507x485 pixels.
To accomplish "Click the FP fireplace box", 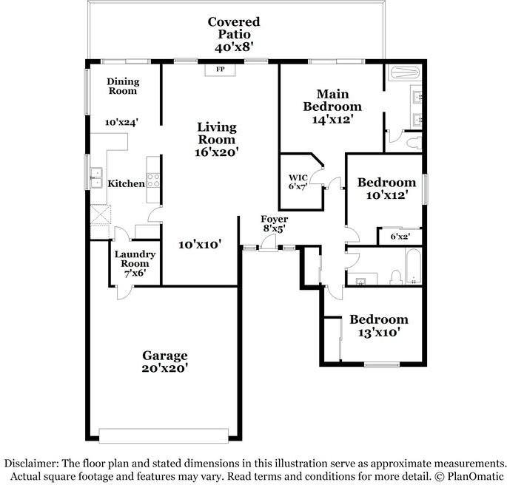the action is click(221, 69).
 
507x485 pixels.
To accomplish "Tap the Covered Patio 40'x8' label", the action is click(234, 34).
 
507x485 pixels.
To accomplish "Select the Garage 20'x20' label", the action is click(165, 362).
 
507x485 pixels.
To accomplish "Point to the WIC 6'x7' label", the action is click(298, 182).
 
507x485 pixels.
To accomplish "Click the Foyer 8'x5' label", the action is click(274, 223).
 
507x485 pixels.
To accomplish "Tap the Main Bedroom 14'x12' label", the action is click(332, 106).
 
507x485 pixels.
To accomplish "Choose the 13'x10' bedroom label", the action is click(379, 325).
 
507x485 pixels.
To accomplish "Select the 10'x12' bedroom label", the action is click(386, 189).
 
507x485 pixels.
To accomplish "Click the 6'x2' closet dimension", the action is click(400, 237).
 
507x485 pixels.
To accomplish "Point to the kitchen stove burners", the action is click(153, 180).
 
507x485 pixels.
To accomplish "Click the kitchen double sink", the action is click(96, 177).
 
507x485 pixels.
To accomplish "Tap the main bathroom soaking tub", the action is click(405, 72).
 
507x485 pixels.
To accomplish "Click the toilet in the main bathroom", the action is click(414, 143).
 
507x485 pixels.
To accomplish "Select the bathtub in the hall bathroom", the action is click(413, 266).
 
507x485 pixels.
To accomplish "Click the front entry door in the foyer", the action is click(268, 243).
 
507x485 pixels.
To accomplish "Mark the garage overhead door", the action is click(164, 435).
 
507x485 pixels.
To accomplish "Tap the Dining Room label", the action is click(123, 87).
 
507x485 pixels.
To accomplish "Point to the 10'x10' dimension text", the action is click(200, 245).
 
